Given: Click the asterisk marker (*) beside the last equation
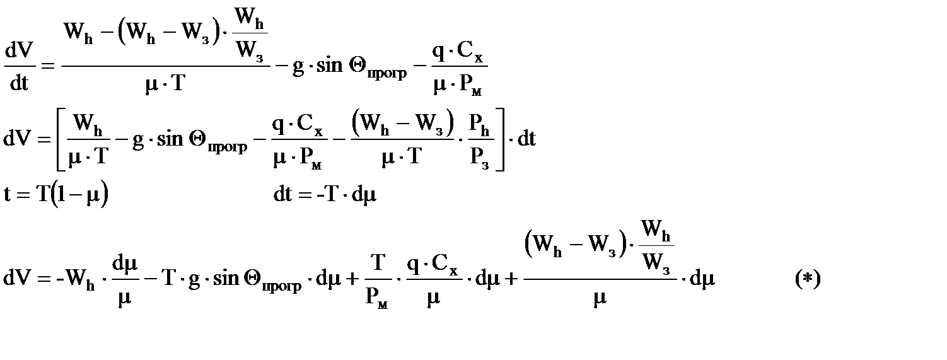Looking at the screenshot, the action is [808, 278].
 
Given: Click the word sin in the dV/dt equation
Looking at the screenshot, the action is [328, 66].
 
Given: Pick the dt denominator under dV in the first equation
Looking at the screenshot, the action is [19, 83].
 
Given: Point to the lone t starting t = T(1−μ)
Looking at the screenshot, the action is [8, 194].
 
